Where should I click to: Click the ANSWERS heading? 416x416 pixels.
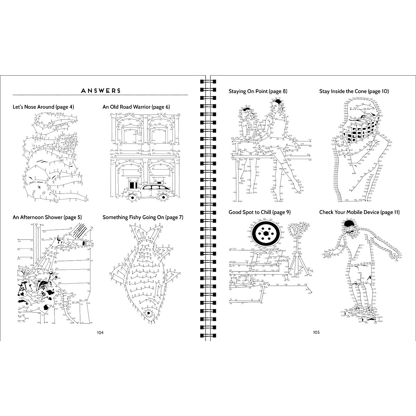(101, 91)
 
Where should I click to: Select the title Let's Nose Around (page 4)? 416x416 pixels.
(43, 107)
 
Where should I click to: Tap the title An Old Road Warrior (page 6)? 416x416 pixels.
(136, 107)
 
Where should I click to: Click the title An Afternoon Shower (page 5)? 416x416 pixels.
(47, 217)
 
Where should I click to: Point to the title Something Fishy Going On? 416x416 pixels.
(143, 217)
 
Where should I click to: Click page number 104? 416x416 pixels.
(100, 332)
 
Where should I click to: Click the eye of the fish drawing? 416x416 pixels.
(148, 314)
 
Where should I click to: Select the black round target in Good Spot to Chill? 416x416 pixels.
(266, 234)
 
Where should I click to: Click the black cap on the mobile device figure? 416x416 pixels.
(349, 223)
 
